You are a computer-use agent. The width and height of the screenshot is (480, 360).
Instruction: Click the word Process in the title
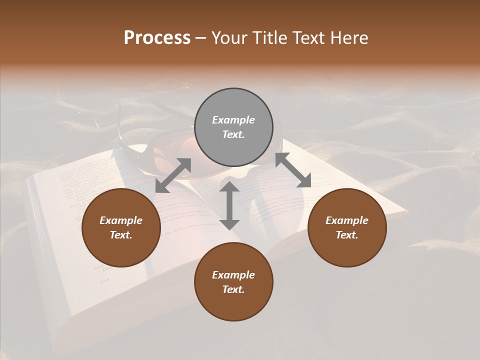point(157,38)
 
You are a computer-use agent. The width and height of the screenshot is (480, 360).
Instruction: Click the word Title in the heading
point(270,38)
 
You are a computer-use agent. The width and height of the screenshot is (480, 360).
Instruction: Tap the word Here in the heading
point(347,38)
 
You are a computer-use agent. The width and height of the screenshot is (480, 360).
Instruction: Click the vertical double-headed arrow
point(229,205)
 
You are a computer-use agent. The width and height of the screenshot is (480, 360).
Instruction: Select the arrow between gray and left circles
point(173,175)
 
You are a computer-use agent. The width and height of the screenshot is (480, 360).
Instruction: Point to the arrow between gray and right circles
point(293,170)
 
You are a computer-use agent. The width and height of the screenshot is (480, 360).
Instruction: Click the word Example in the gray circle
point(233,120)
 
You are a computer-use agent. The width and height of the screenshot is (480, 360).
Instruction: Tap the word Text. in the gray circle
point(233,134)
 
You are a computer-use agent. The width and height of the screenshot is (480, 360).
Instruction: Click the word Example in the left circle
point(121,220)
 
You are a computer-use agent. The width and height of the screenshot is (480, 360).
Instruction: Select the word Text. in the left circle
point(121,235)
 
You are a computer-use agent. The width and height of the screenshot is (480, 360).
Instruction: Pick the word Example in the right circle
point(347,220)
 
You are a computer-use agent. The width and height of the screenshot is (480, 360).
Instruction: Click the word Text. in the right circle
point(347,235)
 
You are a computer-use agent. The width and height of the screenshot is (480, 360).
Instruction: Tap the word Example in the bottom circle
point(233,275)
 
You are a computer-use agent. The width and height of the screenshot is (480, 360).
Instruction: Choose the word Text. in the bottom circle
point(233,289)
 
